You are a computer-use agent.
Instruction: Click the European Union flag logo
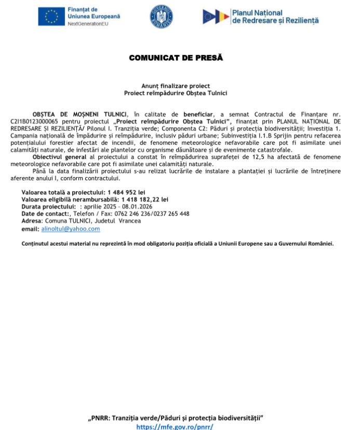click(51, 17)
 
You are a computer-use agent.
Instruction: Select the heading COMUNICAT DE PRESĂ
click(176, 58)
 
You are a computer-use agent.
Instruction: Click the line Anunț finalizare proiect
click(176, 86)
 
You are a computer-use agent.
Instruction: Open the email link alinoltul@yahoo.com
click(71, 229)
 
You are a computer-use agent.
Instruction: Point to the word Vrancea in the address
click(129, 221)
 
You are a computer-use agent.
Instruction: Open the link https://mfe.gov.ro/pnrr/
click(175, 426)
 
